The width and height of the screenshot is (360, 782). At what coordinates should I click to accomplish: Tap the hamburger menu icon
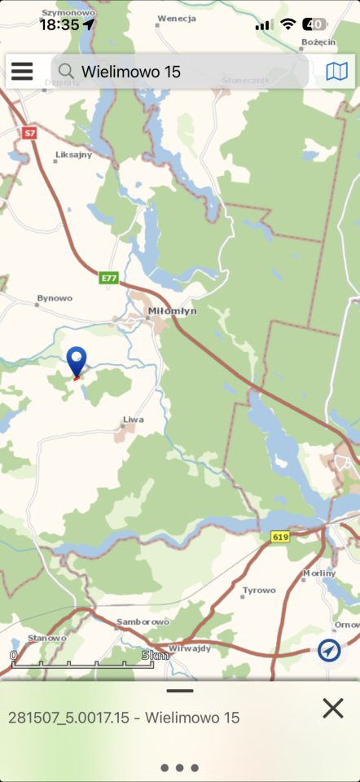[22, 72]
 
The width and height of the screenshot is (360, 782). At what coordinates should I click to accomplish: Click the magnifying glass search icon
[66, 72]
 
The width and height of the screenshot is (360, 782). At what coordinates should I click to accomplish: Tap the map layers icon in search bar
[336, 72]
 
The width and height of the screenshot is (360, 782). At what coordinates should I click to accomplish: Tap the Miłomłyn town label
[172, 311]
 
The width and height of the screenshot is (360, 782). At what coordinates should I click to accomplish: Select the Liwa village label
[133, 420]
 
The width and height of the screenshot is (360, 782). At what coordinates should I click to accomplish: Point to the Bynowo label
[55, 299]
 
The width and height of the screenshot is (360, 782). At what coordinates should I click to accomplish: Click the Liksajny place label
[73, 154]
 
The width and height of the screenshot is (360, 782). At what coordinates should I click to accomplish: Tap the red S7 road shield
[30, 132]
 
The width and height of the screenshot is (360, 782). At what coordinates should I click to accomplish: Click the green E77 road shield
[109, 278]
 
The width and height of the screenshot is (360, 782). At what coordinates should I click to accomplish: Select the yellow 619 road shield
[281, 537]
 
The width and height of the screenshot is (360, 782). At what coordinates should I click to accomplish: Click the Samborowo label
[143, 622]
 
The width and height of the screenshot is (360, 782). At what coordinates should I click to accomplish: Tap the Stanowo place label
[46, 638]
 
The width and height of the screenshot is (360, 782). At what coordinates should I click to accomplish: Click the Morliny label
[319, 573]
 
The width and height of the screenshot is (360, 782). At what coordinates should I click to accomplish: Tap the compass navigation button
[329, 650]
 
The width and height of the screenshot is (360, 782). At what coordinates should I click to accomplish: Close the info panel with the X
[332, 708]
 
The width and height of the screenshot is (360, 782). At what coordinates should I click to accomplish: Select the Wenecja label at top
[178, 17]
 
